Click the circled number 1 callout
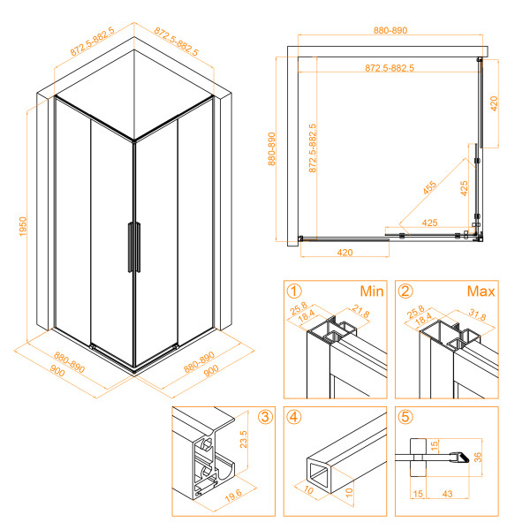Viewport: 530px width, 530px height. pyautogui.click(x=292, y=290)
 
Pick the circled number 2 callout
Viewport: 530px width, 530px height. pyautogui.click(x=405, y=290)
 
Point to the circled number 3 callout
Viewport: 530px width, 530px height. pyautogui.click(x=265, y=417)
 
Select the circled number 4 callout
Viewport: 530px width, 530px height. pyautogui.click(x=292, y=417)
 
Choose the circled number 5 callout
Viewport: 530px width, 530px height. pyautogui.click(x=405, y=417)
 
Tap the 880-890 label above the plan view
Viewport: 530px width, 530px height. pyautogui.click(x=390, y=30)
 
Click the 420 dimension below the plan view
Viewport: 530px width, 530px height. pyautogui.click(x=344, y=253)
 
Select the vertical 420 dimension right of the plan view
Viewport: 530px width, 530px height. pyautogui.click(x=496, y=102)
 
